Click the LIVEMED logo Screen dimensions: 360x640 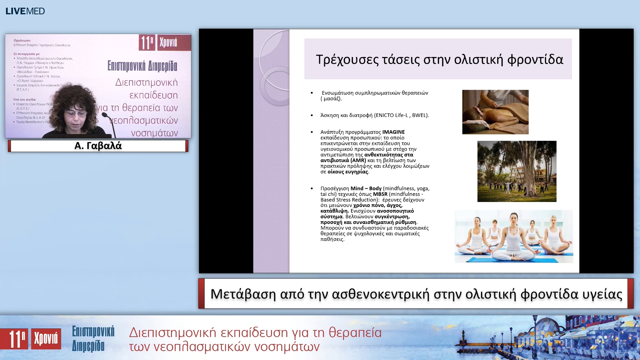(x=25, y=11)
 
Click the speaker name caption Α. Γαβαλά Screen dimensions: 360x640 (x=98, y=146)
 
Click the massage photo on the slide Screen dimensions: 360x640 (x=495, y=112)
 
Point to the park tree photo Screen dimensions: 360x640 (x=517, y=171)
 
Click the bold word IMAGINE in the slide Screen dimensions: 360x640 (x=393, y=132)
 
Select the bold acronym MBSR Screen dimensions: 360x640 (x=380, y=194)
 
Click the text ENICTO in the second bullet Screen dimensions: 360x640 (x=385, y=115)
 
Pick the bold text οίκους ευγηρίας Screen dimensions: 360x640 (x=348, y=172)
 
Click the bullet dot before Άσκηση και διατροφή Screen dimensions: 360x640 (x=312, y=115)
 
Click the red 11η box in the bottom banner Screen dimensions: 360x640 (x=14, y=339)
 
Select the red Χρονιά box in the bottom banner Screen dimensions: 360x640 (x=46, y=339)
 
